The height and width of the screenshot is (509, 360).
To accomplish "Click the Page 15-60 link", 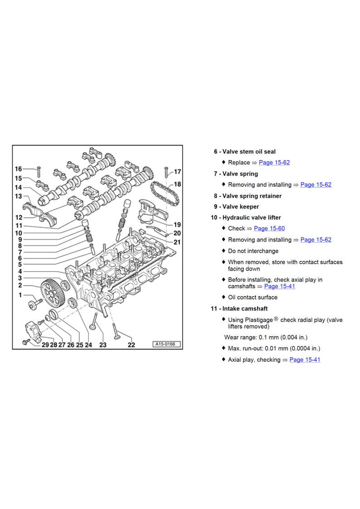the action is tap(269, 228).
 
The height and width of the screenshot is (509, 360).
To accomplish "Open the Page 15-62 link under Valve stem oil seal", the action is tap(274, 163).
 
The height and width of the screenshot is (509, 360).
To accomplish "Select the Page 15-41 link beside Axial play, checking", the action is tap(305, 360).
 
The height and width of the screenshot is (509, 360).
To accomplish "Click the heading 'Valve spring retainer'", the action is tap(252, 196).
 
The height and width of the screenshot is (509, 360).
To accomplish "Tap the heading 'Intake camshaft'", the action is tap(245, 309).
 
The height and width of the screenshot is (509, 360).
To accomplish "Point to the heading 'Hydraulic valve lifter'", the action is tap(252, 218).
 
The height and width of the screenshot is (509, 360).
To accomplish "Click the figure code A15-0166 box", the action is tap(166, 344).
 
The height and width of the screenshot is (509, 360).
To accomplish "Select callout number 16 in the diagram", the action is tap(19, 169).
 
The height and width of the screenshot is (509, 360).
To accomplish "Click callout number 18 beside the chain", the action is tap(177, 184).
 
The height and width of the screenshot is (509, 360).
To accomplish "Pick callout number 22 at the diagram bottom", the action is tap(131, 345).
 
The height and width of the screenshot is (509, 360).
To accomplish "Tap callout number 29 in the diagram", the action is tap(45, 345).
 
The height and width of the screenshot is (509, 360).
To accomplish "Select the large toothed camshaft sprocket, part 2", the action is tap(52, 293).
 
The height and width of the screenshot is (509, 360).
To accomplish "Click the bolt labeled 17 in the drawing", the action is tap(166, 172).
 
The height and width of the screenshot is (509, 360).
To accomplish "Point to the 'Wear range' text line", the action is tap(266, 338).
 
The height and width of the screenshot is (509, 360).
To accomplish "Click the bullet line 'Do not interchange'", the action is tap(253, 251).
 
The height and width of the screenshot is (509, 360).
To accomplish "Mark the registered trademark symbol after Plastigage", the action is tap(276, 319).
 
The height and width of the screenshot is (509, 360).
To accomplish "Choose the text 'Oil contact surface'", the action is tap(253, 297).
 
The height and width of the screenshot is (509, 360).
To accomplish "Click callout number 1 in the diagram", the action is tap(20, 295).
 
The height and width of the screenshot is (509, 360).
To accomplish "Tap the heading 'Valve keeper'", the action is tap(241, 207).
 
